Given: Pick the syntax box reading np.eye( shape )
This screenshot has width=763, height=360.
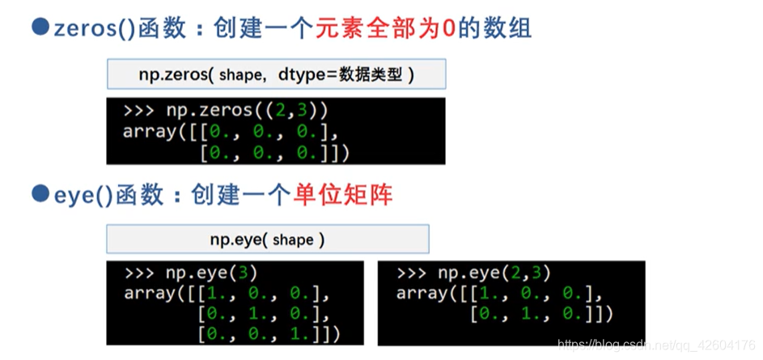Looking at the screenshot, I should tap(267, 239).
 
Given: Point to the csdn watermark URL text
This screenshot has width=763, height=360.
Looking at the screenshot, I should tap(657, 346).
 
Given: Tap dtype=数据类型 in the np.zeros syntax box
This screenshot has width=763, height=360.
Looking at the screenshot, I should tap(345, 75).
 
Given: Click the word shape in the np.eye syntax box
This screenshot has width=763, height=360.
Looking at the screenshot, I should tap(292, 240).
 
